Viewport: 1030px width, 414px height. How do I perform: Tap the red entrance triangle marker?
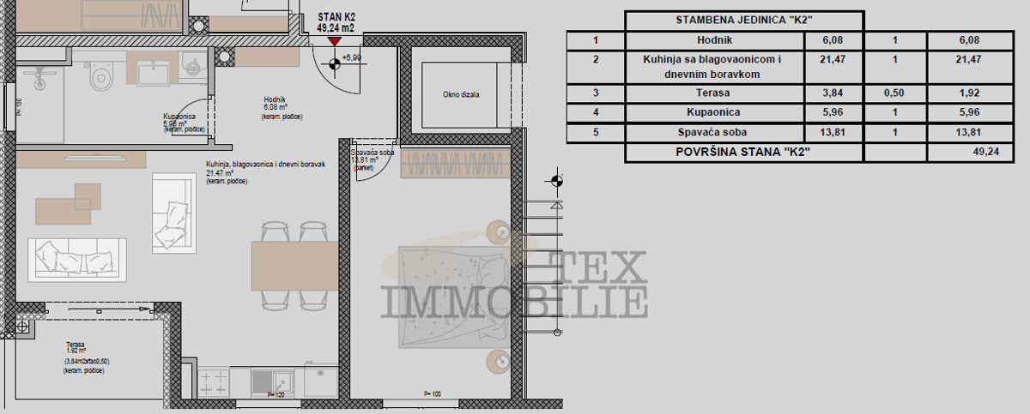(334, 40)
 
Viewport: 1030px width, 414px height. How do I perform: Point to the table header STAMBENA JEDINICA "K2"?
(743, 21)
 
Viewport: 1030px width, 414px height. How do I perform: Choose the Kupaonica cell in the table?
(714, 112)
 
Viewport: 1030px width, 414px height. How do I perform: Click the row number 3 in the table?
(595, 93)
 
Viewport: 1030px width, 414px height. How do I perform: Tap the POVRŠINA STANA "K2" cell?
(743, 153)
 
